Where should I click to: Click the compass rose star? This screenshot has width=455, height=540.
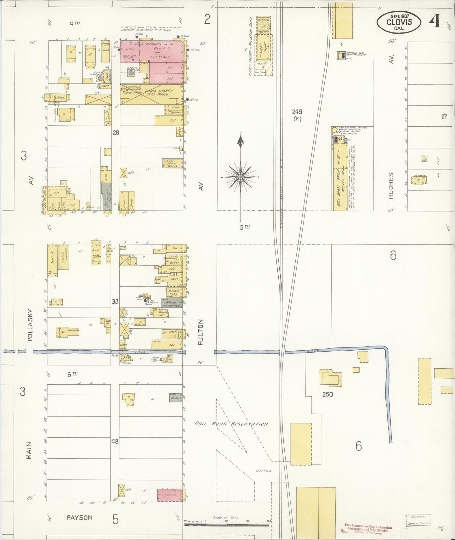[x=241, y=177]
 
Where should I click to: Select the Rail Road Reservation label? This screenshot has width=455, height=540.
[x=231, y=424]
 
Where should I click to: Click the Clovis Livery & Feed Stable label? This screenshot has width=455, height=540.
[x=156, y=92]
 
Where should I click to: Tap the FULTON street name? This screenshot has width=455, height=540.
[x=201, y=332]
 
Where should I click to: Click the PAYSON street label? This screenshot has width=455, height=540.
[x=80, y=518]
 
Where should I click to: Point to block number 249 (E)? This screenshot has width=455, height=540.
[x=297, y=114]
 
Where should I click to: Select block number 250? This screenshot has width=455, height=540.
[x=327, y=394]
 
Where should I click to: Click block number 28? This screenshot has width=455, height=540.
[x=116, y=133]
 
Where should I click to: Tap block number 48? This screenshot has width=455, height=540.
[x=115, y=441]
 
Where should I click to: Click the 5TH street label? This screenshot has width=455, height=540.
[x=242, y=227]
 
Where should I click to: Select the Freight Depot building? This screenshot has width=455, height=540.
[x=263, y=50]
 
